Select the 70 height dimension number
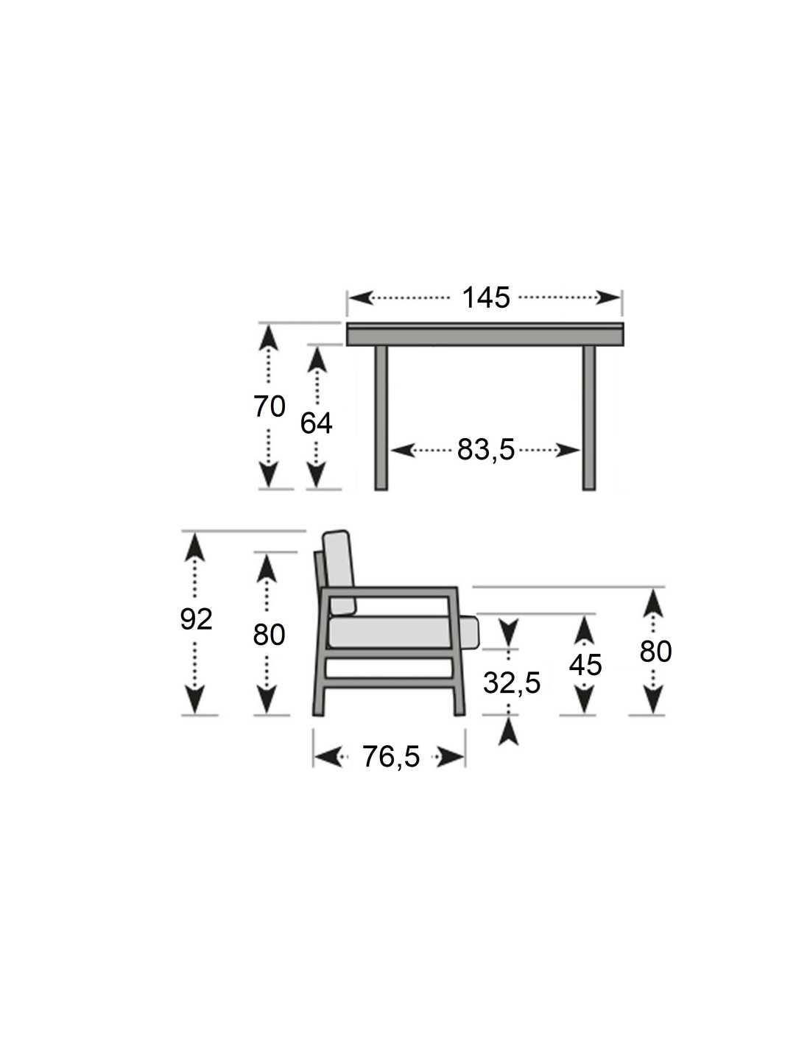coord(270,406)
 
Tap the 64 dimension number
coord(316,424)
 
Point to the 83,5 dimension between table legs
coord(486,450)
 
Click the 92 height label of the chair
coord(196,620)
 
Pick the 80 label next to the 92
coord(269,635)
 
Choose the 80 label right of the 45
coord(655,652)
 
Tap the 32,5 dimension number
coord(512,683)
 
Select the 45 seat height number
coord(585,666)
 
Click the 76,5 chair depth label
coord(391,756)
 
